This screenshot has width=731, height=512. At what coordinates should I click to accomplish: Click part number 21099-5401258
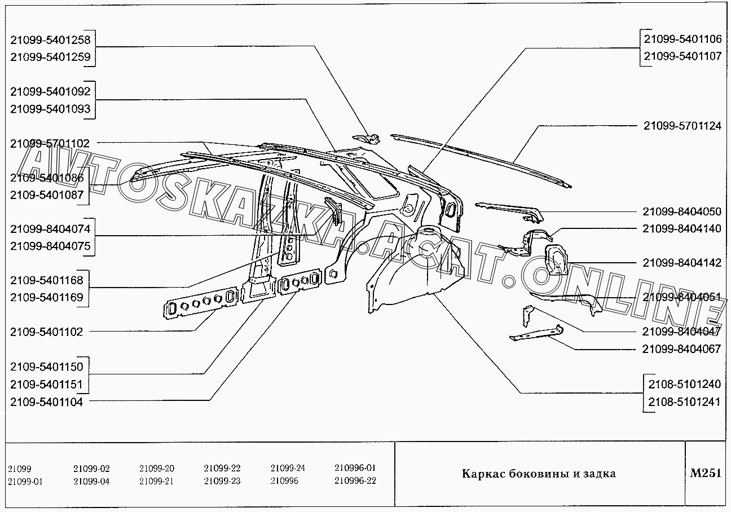pyautogui.click(x=50, y=39)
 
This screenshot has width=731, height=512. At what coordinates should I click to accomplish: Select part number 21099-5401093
pyautogui.click(x=50, y=109)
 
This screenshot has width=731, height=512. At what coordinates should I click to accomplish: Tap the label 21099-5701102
pyautogui.click(x=50, y=144)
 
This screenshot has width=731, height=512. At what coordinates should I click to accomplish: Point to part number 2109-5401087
pyautogui.click(x=47, y=195)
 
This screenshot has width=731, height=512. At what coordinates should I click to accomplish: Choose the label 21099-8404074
pyautogui.click(x=50, y=228)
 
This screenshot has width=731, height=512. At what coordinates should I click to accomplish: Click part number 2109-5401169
pyautogui.click(x=47, y=297)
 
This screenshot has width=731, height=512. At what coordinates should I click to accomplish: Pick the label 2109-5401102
pyautogui.click(x=47, y=332)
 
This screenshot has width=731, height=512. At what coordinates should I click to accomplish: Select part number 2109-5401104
pyautogui.click(x=47, y=402)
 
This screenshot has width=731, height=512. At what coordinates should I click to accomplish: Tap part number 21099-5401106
pyautogui.click(x=682, y=39)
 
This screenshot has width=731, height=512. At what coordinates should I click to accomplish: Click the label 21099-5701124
pyautogui.click(x=682, y=126)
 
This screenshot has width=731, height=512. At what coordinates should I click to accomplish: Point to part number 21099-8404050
pyautogui.click(x=681, y=211)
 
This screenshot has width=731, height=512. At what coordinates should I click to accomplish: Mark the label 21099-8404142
pyautogui.click(x=681, y=263)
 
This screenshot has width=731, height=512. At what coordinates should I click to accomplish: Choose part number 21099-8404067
pyautogui.click(x=681, y=349)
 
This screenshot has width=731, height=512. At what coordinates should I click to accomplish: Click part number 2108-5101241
pyautogui.click(x=685, y=402)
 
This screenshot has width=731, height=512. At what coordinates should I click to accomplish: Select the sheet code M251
pyautogui.click(x=706, y=473)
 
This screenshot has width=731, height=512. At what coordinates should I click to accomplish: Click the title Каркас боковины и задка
pyautogui.click(x=539, y=474)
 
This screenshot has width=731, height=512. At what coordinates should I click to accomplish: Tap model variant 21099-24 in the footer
pyautogui.click(x=288, y=468)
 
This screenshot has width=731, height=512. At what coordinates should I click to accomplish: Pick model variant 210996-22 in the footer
pyautogui.click(x=355, y=480)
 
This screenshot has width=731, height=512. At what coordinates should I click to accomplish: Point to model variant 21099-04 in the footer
pyautogui.click(x=91, y=481)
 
